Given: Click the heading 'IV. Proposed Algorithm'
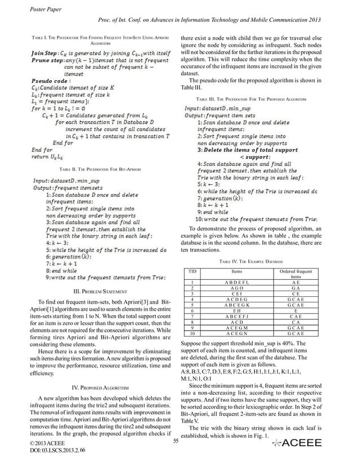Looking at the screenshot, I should [98, 387].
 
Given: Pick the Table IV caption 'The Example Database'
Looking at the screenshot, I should [252, 262].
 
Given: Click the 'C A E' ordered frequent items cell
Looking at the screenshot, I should [296, 316].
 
